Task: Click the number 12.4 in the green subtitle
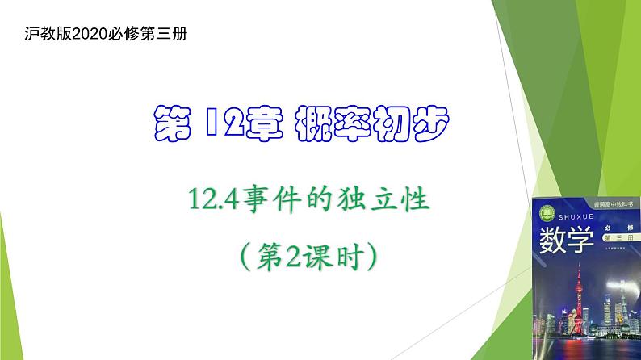coord(209,196)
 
